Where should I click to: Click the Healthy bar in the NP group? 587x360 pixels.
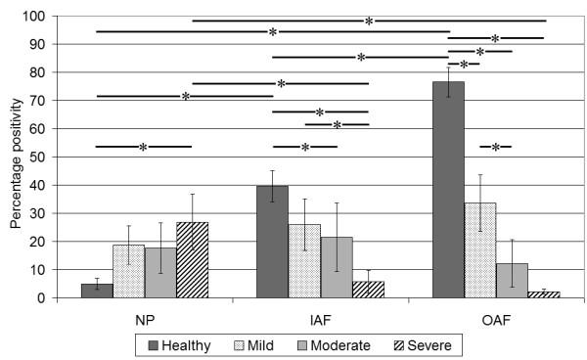(97, 291)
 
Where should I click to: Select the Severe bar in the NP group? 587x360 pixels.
(192, 260)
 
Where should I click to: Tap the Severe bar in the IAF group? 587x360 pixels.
(367, 290)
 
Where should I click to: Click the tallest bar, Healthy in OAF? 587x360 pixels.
(448, 190)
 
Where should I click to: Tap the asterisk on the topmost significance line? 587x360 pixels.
(369, 21)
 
